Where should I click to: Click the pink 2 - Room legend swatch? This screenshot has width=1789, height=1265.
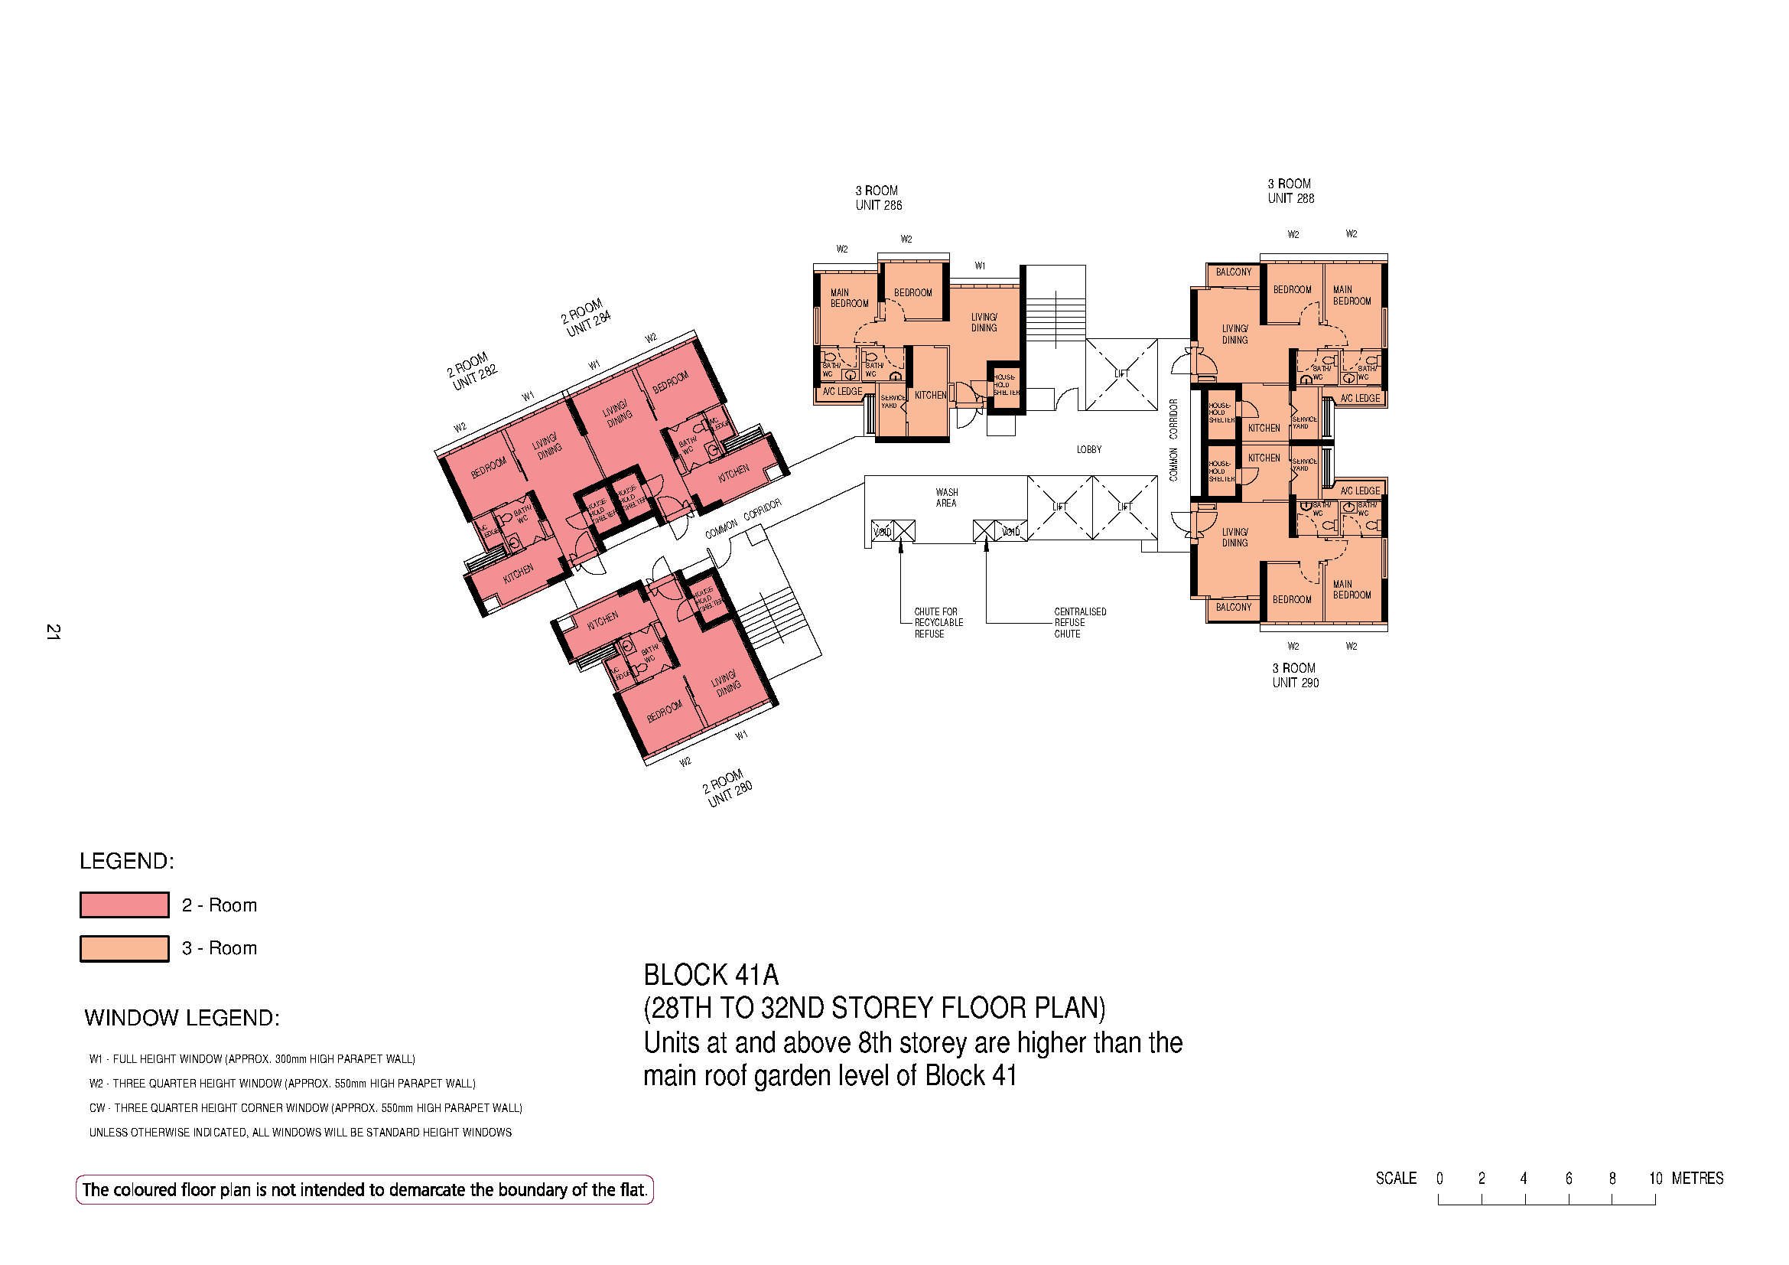[125, 905]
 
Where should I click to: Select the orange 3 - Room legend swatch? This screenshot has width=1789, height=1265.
[125, 948]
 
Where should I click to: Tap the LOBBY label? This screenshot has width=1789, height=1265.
[1088, 450]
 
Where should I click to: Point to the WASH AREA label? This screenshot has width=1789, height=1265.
[947, 497]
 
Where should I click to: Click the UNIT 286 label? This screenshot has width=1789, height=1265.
[878, 206]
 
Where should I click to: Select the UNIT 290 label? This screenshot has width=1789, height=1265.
[1295, 683]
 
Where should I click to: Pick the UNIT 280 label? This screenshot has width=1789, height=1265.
[730, 796]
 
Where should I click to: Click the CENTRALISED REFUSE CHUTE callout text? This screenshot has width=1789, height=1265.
[1080, 623]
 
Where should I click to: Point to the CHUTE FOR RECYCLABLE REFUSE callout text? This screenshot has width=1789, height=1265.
[938, 623]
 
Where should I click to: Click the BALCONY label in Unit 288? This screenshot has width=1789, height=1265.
[1234, 272]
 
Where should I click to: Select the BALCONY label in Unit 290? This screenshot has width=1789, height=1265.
[1234, 607]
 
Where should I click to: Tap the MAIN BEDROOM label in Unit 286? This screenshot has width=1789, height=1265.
[848, 298]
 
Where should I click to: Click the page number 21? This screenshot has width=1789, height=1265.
[53, 632]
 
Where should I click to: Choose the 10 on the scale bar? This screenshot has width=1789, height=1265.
[1656, 1179]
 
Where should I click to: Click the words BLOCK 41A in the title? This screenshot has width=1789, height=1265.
[711, 975]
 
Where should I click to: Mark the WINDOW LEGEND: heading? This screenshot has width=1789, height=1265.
[181, 1018]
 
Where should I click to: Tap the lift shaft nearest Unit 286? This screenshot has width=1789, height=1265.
[1121, 374]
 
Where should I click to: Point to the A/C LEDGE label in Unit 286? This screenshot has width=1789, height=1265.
[842, 391]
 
